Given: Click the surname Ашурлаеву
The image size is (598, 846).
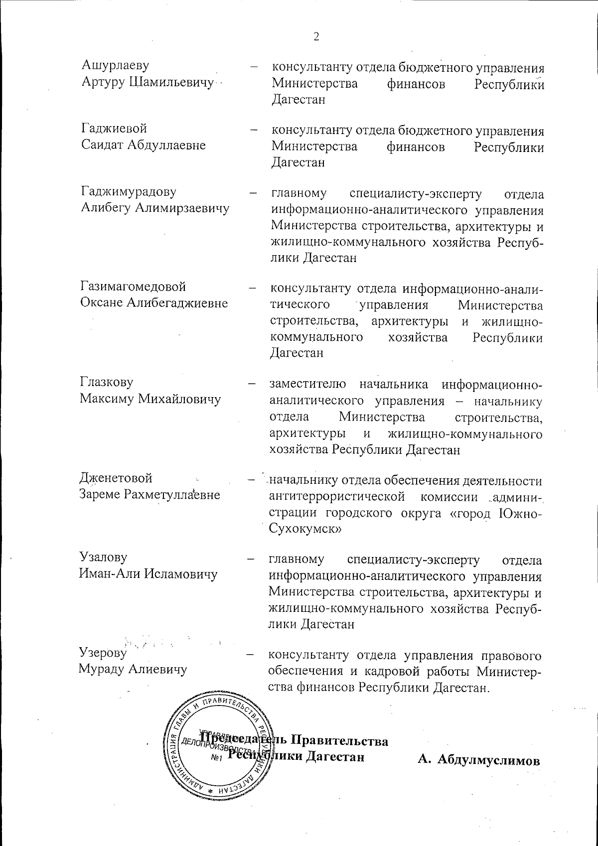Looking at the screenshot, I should [115, 65].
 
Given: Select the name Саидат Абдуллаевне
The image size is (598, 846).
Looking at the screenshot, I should [144, 145].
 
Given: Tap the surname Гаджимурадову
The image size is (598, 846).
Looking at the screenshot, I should [128, 192].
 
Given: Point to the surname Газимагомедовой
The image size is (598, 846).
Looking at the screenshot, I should [133, 286].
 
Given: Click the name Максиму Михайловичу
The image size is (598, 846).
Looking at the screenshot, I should [150, 399].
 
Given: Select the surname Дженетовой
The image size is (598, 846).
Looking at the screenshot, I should [116, 478].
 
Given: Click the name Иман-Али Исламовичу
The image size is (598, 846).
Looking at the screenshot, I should [148, 574].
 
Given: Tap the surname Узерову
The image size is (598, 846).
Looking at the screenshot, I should [104, 653].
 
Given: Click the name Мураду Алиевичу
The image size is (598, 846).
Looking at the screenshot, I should [133, 669].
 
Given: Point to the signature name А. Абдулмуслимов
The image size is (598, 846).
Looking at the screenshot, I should [479, 761].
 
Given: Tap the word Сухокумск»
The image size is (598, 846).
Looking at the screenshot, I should [304, 530].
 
